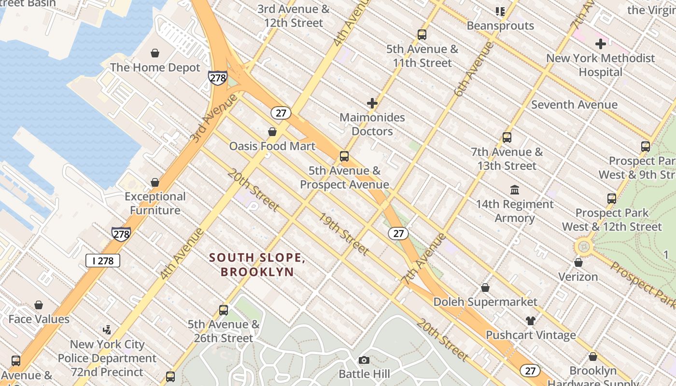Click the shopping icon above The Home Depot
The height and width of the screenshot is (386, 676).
(155, 53)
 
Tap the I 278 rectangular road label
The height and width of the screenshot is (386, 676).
(103, 261)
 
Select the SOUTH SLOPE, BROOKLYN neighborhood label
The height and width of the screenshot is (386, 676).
(257, 264)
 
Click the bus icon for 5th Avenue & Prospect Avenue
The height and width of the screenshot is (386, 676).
(344, 156)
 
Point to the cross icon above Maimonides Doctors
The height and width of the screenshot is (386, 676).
(372, 103)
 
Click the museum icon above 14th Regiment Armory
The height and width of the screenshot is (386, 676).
(514, 190)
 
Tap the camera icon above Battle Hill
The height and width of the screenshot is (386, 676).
(364, 360)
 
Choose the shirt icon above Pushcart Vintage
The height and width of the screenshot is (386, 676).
(530, 321)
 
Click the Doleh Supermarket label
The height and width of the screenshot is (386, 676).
(485, 302)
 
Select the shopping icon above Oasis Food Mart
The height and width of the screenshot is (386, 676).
(272, 132)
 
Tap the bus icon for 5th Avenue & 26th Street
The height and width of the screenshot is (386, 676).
(223, 310)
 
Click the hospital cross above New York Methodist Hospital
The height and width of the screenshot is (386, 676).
(600, 44)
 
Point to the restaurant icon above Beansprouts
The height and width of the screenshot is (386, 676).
(500, 11)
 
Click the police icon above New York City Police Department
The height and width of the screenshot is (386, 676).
(107, 330)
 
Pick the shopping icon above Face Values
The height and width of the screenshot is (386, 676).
(39, 305)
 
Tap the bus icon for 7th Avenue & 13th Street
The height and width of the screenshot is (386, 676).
(507, 137)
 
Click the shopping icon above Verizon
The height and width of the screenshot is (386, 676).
(578, 262)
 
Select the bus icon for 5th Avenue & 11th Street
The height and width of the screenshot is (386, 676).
(422, 34)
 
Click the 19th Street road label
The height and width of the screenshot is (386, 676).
(343, 234)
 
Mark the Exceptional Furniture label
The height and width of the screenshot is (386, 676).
(155, 203)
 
